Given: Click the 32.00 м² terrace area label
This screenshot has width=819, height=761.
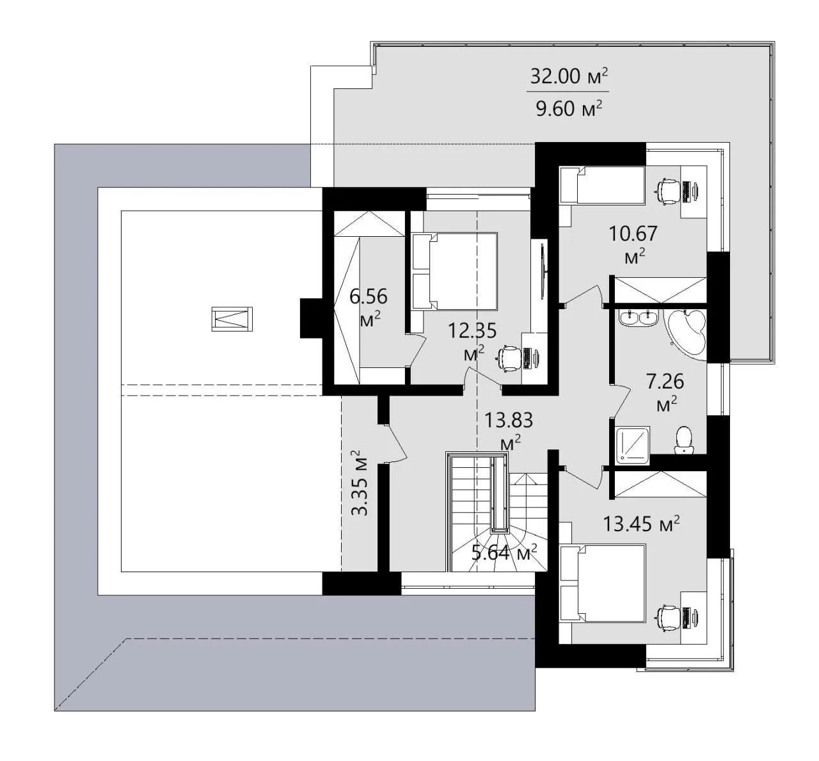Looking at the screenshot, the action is [569, 76].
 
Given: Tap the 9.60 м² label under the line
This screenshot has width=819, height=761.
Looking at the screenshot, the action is [569, 109].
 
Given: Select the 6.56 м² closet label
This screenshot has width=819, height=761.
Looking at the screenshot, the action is [369, 307].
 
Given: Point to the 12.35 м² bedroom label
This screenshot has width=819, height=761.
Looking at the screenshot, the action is [472, 342].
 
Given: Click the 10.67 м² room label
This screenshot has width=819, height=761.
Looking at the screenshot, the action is [633, 244].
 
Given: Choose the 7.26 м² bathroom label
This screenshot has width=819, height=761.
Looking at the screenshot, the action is [665, 392].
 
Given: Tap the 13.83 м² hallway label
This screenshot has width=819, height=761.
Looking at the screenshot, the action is [509, 431].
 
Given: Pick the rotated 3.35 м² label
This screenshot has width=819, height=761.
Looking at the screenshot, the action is [360, 483].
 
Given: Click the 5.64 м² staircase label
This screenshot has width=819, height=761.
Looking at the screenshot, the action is [504, 552].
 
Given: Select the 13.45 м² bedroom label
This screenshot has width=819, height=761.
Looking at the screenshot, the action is [641, 524].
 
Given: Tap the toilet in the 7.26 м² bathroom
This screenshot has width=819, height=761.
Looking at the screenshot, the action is [684, 440].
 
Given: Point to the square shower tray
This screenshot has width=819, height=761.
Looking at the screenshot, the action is [633, 444].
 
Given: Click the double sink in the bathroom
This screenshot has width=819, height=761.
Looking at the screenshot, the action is [639, 318].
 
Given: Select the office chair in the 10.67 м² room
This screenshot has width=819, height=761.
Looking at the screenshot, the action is [667, 191].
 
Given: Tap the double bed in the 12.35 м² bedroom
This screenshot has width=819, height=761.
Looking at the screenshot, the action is [455, 271].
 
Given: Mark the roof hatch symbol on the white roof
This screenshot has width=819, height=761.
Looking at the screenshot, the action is [232, 319].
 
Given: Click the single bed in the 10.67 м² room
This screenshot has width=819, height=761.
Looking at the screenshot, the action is [601, 185].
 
